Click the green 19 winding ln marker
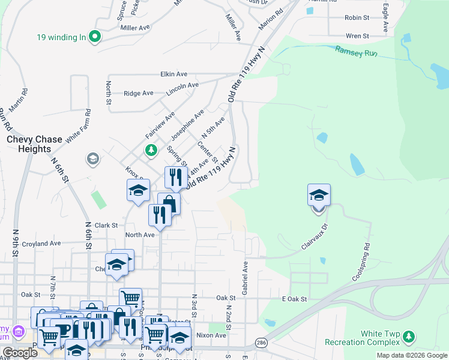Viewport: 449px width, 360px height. (x=94, y=37)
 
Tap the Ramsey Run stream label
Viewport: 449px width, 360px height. (x=356, y=52)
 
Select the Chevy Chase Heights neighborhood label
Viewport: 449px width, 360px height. (x=34, y=144)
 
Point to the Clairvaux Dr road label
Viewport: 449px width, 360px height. (x=316, y=237)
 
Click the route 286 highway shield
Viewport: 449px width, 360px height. (x=262, y=342)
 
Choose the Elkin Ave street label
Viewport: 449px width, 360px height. (x=173, y=74)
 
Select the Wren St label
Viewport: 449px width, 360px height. (x=357, y=37)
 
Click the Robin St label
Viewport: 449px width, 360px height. (x=357, y=18)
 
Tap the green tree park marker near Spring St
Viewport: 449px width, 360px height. (x=151, y=149)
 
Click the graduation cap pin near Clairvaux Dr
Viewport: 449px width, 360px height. (x=319, y=196)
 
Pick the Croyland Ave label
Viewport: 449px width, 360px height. (x=41, y=244)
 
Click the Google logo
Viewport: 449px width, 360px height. (x=20, y=353)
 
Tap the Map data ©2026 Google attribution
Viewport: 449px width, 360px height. (x=412, y=355)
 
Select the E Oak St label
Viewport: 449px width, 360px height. (x=294, y=299)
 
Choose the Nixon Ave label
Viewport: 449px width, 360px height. (x=211, y=335)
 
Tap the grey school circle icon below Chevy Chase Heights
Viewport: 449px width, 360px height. (x=92, y=159)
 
